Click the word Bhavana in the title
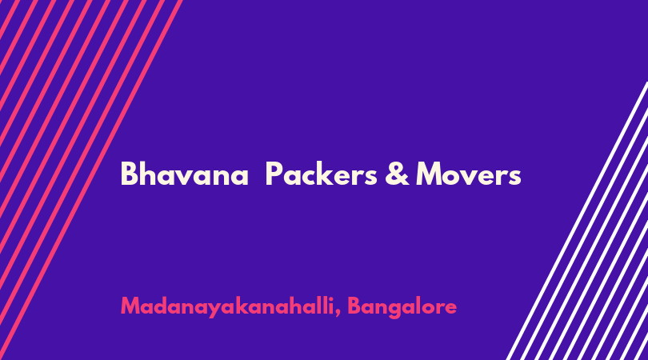tap(184, 174)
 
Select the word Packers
tap(321, 174)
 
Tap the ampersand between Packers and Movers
tap(397, 174)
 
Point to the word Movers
tap(468, 174)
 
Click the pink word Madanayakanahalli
tap(227, 306)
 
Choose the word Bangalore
tap(402, 306)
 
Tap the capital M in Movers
tap(429, 174)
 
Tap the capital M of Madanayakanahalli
tap(131, 306)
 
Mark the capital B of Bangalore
tap(354, 306)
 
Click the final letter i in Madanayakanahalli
tap(331, 305)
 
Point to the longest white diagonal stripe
tap(578, 222)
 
